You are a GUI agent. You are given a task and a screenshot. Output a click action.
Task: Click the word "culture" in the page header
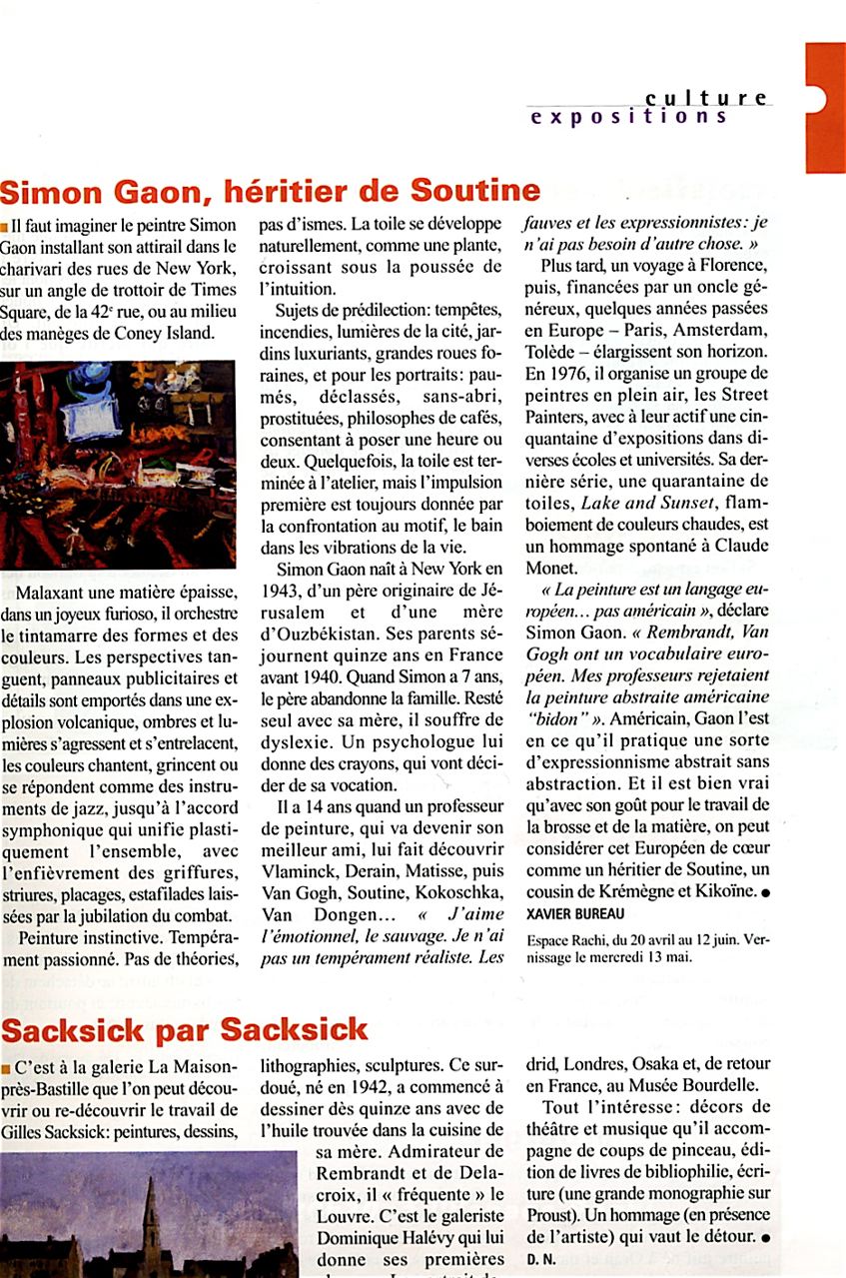pos(706,98)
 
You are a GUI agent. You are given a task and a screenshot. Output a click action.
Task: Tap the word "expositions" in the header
pos(629,117)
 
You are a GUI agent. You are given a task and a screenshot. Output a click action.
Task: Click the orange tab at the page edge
pos(825,107)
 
